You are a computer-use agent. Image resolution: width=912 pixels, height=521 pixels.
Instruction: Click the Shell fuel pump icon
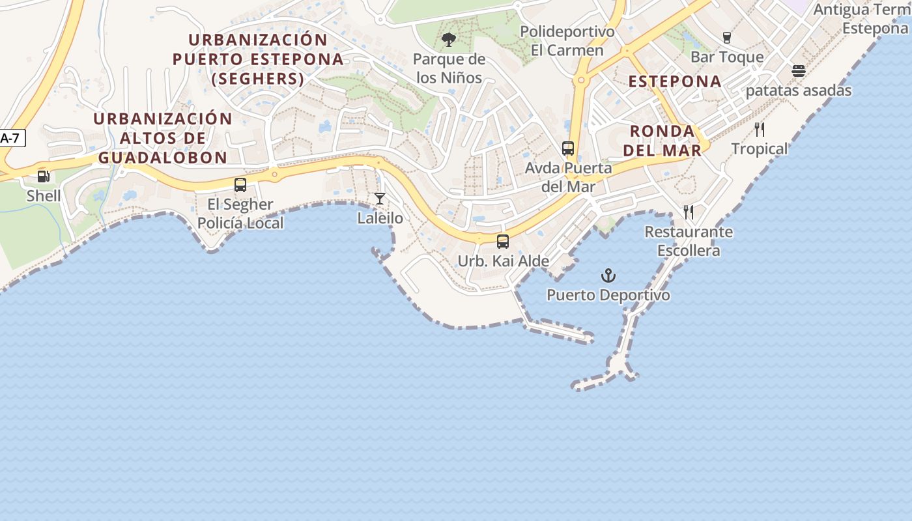(x=44, y=176)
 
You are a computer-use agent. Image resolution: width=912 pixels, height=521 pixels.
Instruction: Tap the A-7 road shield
(x=11, y=138)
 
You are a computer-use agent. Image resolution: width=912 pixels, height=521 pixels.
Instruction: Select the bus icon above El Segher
(x=240, y=185)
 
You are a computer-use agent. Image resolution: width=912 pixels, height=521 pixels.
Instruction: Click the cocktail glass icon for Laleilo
(x=380, y=199)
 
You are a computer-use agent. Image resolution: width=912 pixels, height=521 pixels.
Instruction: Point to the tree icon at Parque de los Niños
(x=449, y=40)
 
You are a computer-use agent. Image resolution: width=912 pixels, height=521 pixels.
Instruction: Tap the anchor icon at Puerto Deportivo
(x=608, y=275)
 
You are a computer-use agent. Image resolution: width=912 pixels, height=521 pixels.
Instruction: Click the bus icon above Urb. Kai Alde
(x=503, y=242)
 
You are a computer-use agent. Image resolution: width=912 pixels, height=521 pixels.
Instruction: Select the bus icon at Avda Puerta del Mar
(x=568, y=148)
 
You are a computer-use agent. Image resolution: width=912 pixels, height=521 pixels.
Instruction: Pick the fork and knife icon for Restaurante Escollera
(x=689, y=212)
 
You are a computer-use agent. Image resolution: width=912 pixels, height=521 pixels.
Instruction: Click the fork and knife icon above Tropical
(x=760, y=129)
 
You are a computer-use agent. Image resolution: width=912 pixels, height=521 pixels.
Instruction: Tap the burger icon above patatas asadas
(x=799, y=71)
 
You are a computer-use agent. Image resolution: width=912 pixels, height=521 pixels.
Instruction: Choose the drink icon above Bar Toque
(x=727, y=38)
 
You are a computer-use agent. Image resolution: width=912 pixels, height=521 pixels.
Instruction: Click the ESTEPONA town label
(x=675, y=81)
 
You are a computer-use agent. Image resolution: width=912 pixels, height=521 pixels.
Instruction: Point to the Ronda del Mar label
(x=662, y=141)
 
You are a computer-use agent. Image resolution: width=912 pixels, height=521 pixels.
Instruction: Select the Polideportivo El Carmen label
(x=567, y=41)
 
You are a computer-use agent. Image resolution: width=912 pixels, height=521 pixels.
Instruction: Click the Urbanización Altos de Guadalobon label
(x=163, y=138)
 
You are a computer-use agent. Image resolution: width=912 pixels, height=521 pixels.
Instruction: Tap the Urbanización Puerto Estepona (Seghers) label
(x=258, y=59)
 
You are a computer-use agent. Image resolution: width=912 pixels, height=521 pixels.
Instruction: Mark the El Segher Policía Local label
(x=240, y=214)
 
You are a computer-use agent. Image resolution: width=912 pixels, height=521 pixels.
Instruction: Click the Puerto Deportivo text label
(x=608, y=295)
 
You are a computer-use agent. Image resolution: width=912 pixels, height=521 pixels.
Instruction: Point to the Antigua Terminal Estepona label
(x=861, y=19)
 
